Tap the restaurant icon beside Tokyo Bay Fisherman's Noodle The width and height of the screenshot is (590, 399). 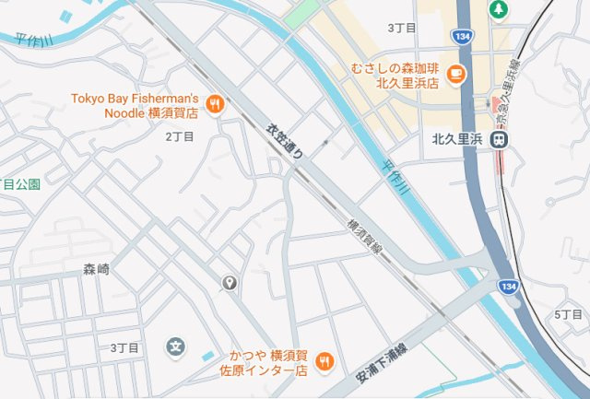pos(215,104)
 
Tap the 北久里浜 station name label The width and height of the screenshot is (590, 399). pos(458,141)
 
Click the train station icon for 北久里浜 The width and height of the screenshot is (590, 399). pos(499,140)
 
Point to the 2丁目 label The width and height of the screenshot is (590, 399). pos(180,136)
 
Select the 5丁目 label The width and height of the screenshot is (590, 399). pos(569,315)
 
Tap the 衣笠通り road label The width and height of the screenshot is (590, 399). pos(285,144)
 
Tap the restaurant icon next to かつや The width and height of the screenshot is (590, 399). pos(324,363)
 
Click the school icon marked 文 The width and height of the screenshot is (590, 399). pos(175,346)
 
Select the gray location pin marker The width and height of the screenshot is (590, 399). pos(230,282)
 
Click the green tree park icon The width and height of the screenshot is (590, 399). pos(499,9)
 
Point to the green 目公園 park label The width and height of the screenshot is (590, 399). pos(20,184)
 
